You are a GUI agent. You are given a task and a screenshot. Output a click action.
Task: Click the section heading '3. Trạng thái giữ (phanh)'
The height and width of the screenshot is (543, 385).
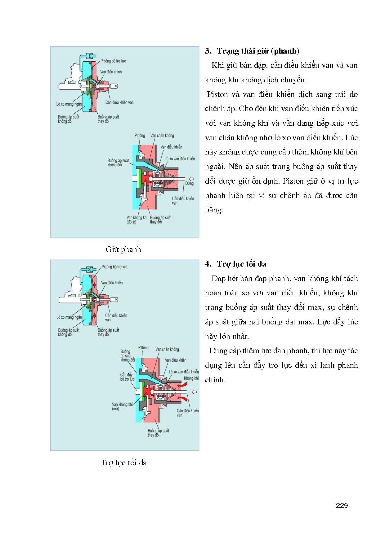click(x=252, y=51)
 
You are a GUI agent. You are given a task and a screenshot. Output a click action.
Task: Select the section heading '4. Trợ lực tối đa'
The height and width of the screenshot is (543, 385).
click(x=236, y=264)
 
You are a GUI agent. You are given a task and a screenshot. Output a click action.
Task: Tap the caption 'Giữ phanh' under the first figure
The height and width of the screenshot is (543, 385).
click(x=123, y=250)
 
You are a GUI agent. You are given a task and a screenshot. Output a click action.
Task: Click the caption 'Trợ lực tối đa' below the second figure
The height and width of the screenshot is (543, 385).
click(x=123, y=463)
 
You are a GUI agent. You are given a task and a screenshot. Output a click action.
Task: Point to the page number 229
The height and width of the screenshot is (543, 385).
click(x=342, y=506)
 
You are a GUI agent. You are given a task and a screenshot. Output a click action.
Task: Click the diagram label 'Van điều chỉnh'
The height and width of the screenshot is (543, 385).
click(x=111, y=72)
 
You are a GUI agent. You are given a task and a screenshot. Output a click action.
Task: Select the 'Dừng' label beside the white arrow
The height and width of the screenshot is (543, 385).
click(x=189, y=184)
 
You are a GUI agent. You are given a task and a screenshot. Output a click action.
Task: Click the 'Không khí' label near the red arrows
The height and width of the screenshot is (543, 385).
click(x=191, y=378)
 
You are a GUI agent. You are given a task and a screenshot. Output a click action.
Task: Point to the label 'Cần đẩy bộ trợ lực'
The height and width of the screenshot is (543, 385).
click(x=127, y=377)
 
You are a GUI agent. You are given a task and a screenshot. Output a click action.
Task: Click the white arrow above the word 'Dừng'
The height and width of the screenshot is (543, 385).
click(x=191, y=179)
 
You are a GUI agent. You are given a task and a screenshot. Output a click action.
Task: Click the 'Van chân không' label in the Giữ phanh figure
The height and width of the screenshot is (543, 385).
click(x=162, y=136)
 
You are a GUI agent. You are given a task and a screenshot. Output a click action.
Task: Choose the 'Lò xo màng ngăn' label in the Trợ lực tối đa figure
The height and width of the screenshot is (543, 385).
click(x=69, y=317)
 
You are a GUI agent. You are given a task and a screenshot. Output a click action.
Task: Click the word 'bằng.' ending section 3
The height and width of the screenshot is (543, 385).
click(x=214, y=210)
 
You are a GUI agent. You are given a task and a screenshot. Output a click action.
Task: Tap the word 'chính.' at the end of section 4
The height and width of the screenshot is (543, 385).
click(x=215, y=380)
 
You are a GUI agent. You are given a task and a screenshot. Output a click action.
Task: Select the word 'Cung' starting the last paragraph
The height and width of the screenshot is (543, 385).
click(x=217, y=351)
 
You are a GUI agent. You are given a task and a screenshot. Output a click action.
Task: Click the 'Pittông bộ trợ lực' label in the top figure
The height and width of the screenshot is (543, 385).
click(x=113, y=61)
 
